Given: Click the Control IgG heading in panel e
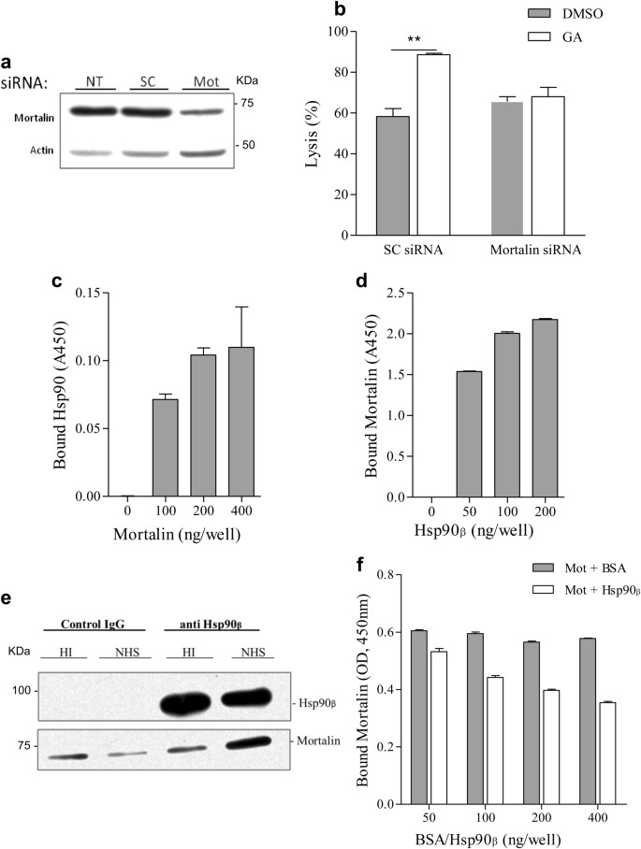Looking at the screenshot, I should coord(81,624).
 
